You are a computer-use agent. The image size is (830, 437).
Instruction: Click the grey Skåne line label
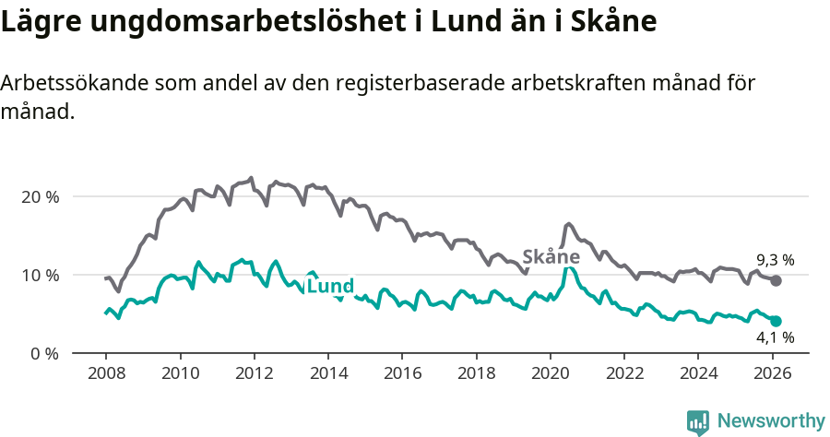coord(551,256)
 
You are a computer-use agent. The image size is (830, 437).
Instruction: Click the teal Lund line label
coord(330,287)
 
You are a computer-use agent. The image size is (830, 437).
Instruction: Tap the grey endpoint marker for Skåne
coord(776,280)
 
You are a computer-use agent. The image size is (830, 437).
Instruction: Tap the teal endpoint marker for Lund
coord(776,321)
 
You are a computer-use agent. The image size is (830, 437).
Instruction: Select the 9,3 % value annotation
coord(775,260)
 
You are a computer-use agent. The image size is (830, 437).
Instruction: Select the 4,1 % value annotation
coord(775,338)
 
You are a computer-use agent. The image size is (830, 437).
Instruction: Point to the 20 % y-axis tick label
coord(40,196)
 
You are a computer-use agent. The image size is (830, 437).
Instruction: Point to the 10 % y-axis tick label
coord(40,275)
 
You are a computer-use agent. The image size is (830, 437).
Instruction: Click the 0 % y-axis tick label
coord(44,353)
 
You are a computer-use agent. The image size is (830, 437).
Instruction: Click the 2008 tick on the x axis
coord(106,373)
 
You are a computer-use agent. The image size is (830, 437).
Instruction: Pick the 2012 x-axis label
coord(254,373)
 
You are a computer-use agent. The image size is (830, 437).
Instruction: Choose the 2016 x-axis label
coord(402,373)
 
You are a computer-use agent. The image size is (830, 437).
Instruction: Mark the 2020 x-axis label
coord(550,373)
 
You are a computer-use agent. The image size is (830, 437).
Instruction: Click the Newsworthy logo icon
coord(698,422)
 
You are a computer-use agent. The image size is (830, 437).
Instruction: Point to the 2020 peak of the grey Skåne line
coord(568,224)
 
